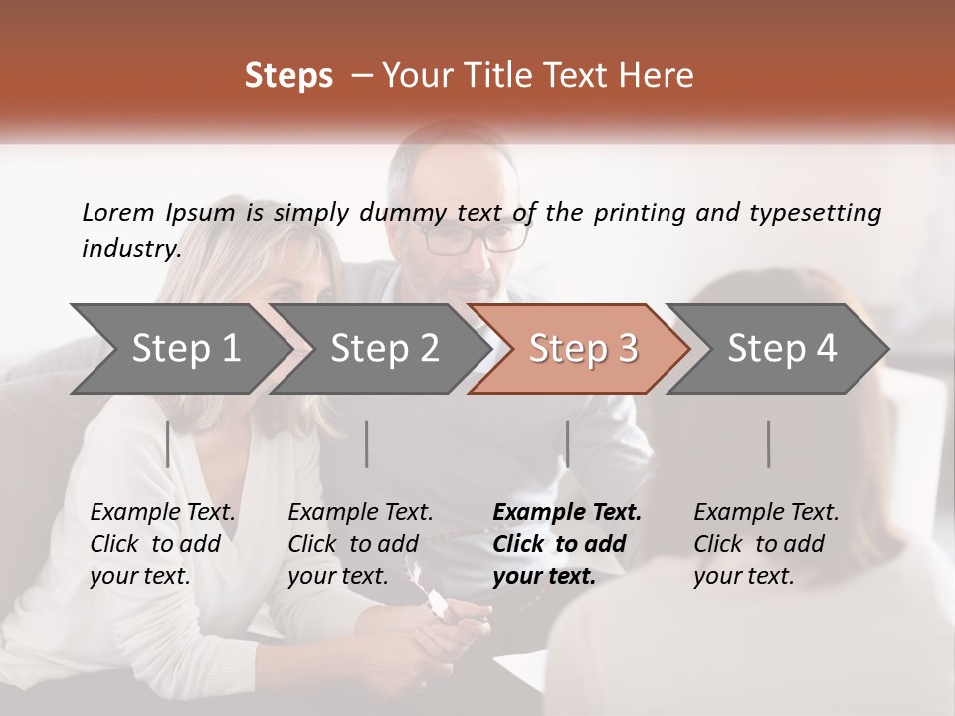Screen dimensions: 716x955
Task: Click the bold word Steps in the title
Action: tap(288, 76)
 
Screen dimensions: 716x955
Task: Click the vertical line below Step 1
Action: tap(168, 444)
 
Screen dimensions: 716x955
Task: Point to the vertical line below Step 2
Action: tap(367, 444)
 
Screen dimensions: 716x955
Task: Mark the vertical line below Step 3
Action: tap(567, 444)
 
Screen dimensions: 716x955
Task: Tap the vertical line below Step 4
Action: tap(768, 444)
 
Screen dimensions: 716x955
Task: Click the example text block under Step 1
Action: tap(162, 544)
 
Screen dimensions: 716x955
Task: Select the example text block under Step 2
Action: tap(360, 544)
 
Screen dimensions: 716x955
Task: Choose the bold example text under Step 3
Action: tap(567, 544)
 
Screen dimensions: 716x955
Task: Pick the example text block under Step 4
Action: tap(766, 544)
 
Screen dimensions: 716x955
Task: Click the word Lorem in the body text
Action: tap(118, 212)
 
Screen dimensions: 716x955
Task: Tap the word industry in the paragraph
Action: tap(130, 249)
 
